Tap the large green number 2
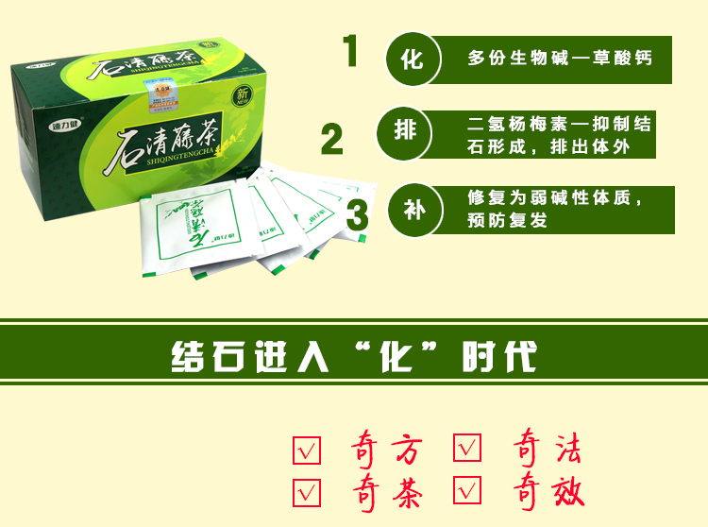(331, 139)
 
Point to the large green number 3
(357, 213)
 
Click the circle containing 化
(412, 59)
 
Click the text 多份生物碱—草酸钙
(559, 59)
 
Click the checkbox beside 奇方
(307, 450)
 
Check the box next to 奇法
(467, 448)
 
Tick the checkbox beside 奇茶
(307, 493)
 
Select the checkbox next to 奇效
(467, 490)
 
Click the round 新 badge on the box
(243, 97)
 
